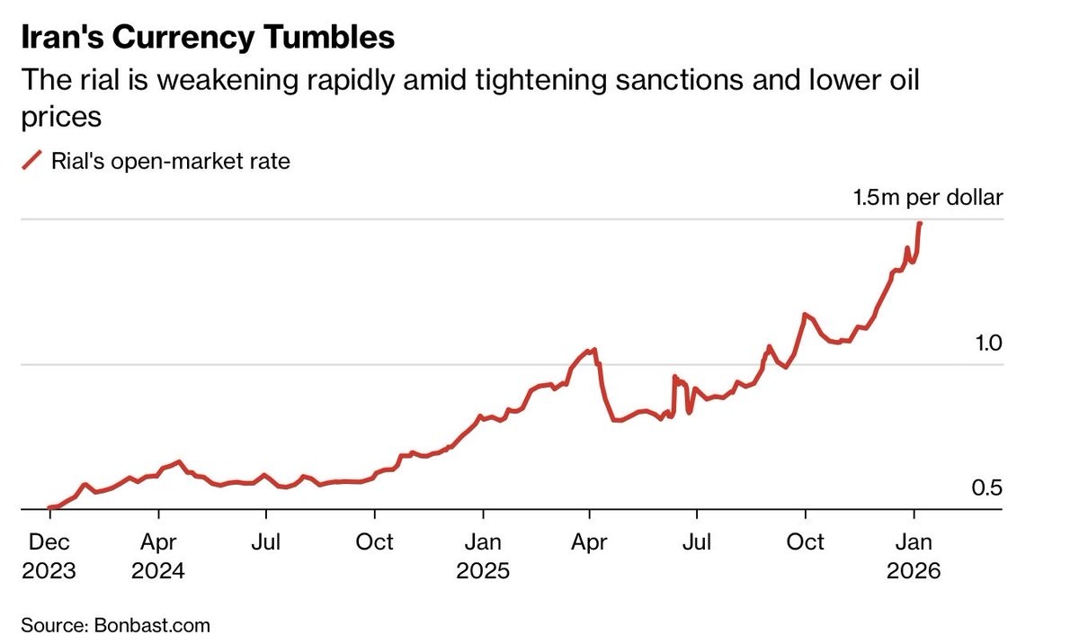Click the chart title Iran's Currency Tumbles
pyautogui.click(x=207, y=38)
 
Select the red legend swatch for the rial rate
pyautogui.click(x=31, y=162)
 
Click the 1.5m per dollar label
pyautogui.click(x=927, y=198)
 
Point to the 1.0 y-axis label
pyautogui.click(x=987, y=344)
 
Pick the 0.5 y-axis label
pyautogui.click(x=987, y=488)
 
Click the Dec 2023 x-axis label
pyautogui.click(x=49, y=556)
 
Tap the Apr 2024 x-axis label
pyautogui.click(x=158, y=556)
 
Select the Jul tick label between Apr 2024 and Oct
pyautogui.click(x=266, y=543)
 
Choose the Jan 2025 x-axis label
pyautogui.click(x=484, y=556)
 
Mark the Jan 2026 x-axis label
pyautogui.click(x=914, y=556)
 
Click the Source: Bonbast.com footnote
pyautogui.click(x=115, y=624)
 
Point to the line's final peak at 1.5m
pyautogui.click(x=920, y=223)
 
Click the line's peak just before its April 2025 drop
pyautogui.click(x=593, y=349)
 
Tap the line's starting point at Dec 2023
pyautogui.click(x=49, y=508)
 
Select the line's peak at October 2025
pyautogui.click(x=805, y=314)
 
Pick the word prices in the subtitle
pyautogui.click(x=59, y=117)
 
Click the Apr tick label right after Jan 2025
pyautogui.click(x=590, y=543)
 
